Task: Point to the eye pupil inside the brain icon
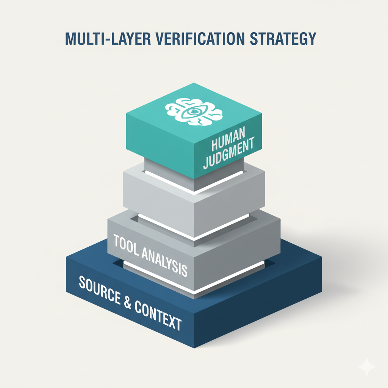[194, 112]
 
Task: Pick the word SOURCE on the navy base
[99, 289]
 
